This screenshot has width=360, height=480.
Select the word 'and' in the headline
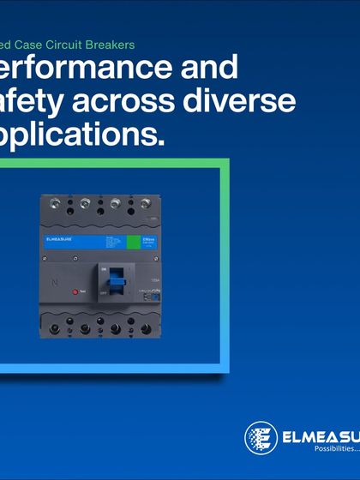[x=206, y=67]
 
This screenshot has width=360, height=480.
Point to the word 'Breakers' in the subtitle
[x=110, y=42]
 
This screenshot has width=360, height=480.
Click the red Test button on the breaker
[x=75, y=292]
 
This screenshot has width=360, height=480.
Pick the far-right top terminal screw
[x=146, y=205]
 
